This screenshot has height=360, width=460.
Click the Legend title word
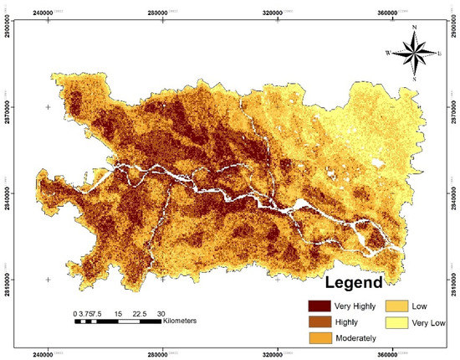[348, 282]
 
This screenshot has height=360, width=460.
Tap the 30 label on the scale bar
[160, 313]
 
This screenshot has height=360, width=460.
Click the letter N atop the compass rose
[415, 29]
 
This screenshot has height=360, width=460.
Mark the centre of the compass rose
[415, 53]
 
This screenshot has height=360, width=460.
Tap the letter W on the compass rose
[388, 53]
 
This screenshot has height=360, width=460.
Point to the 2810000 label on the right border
[453, 277]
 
